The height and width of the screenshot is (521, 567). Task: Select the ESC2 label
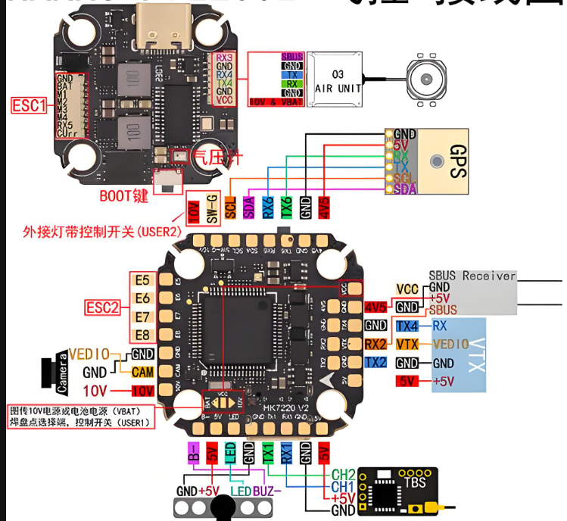[102, 307]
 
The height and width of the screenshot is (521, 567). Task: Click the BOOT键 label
[124, 195]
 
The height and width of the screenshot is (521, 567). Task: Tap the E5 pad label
[142, 280]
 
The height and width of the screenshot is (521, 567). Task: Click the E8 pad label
[142, 334]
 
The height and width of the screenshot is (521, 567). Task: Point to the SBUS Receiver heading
[472, 276]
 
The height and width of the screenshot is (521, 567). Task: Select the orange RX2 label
[375, 344]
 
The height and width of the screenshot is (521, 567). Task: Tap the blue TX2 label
[375, 362]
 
